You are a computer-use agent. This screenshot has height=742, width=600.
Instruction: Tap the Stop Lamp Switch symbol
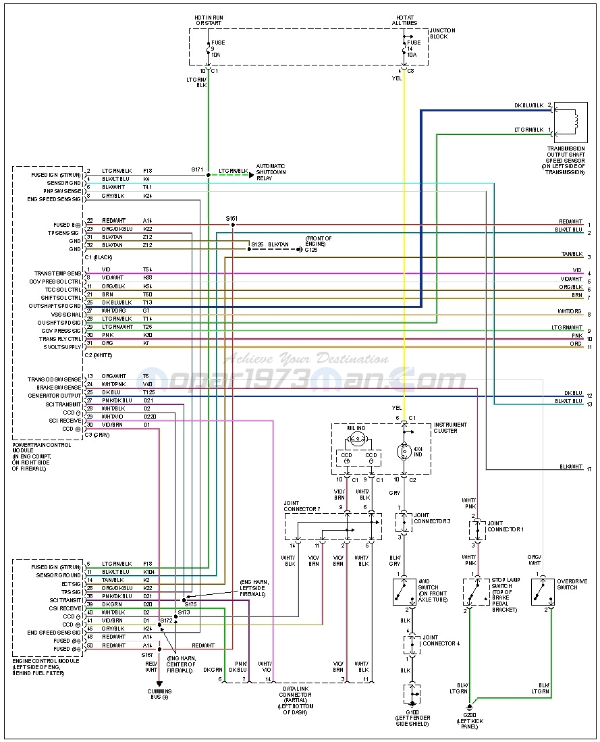(476, 592)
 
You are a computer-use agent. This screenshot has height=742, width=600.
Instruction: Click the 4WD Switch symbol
(404, 592)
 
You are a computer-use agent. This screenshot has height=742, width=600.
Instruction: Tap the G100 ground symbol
(411, 693)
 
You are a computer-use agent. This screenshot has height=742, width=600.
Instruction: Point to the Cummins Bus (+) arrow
(159, 683)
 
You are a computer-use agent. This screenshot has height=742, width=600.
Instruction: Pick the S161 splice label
(231, 218)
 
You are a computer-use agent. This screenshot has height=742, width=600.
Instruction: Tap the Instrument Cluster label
(451, 427)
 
